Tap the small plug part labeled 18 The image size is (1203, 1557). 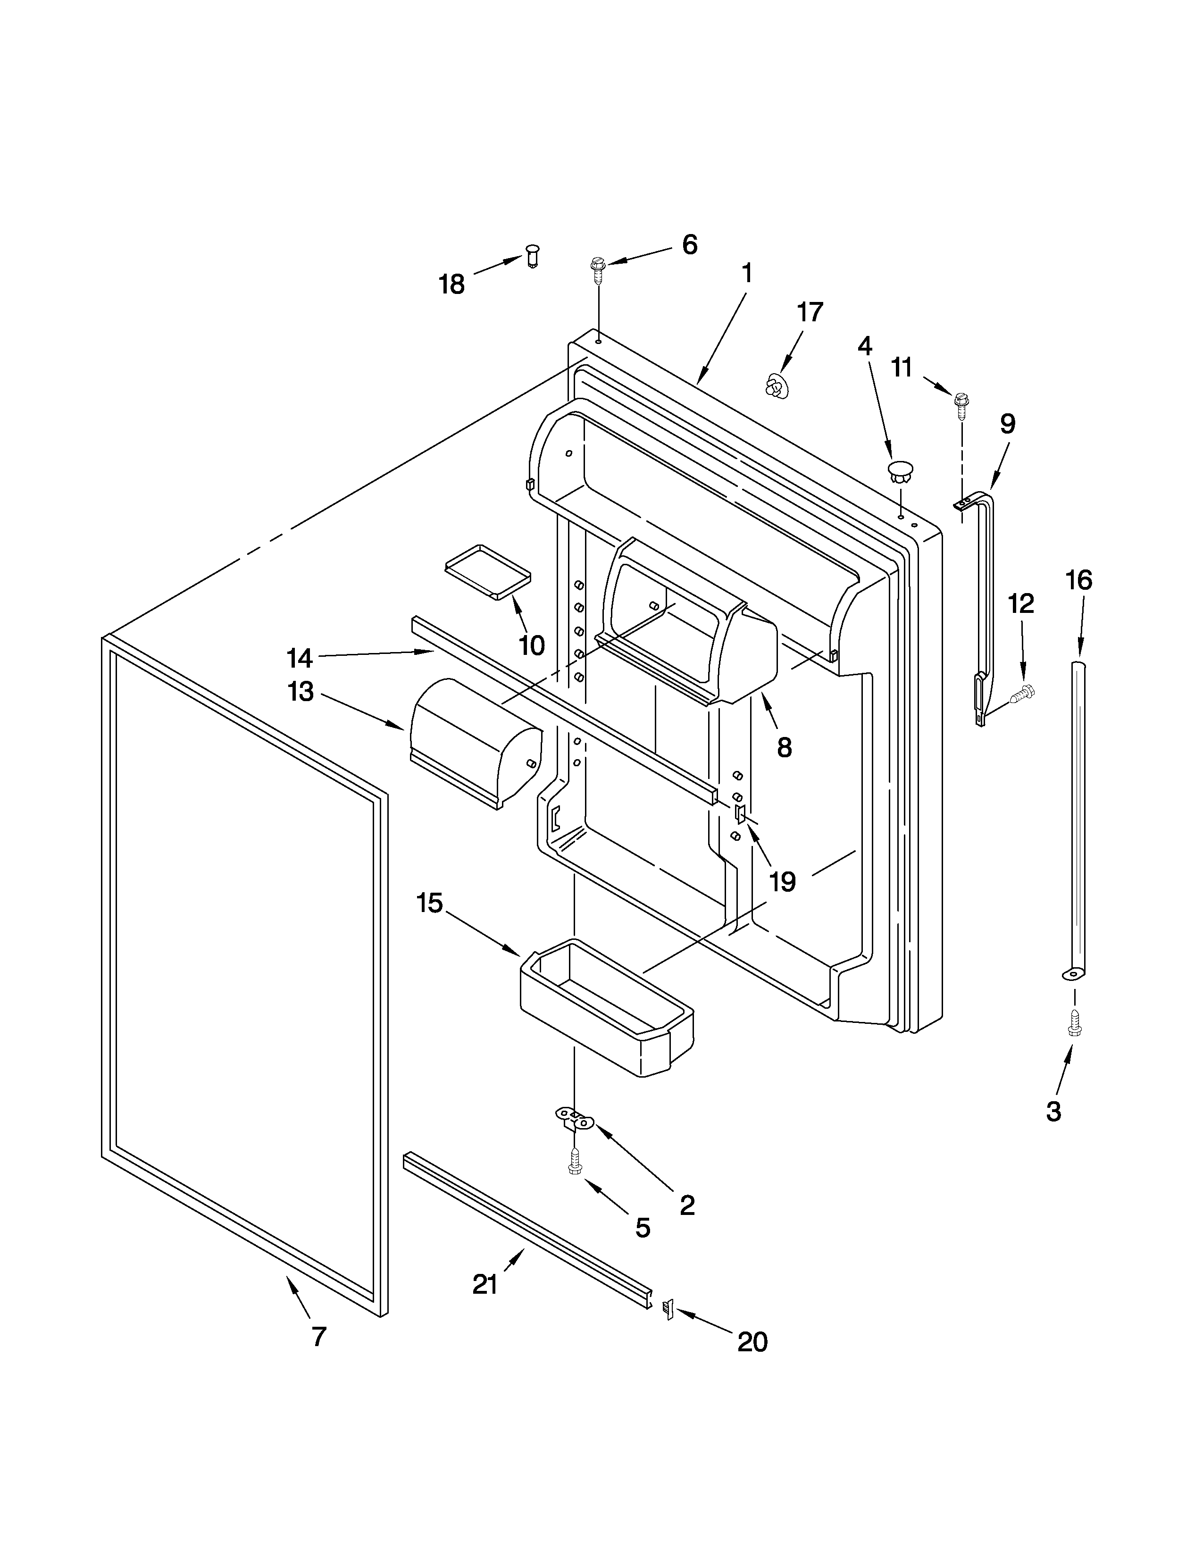532,254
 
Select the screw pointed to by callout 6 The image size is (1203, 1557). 597,268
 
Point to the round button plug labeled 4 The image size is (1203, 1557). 900,471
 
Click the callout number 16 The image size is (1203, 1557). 1078,580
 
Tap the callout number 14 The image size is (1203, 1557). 299,657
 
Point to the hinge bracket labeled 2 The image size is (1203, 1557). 575,1119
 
